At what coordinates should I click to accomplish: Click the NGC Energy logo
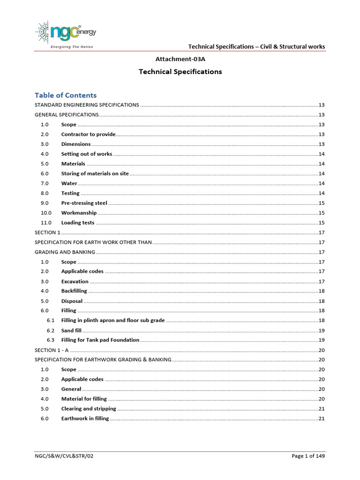[66, 32]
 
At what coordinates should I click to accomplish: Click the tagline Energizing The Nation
[71, 47]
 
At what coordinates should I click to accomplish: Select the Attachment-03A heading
[180, 59]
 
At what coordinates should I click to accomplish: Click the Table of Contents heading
[66, 95]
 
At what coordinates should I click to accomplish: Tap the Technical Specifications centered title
[180, 72]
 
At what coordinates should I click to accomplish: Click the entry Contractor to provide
[88, 135]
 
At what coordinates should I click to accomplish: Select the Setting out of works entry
[87, 154]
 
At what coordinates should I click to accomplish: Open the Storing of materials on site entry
[95, 173]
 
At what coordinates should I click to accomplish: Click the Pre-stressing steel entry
[84, 203]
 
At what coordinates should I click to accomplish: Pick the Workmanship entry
[79, 213]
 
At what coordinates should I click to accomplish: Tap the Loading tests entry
[78, 223]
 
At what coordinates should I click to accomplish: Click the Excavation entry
[75, 282]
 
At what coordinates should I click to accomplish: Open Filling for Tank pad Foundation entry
[100, 340]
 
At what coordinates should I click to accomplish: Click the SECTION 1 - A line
[52, 350]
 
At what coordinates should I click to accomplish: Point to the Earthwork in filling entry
[85, 419]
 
